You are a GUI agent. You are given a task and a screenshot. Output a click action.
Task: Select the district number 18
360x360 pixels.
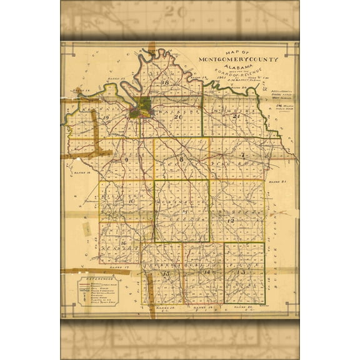[x=166, y=82]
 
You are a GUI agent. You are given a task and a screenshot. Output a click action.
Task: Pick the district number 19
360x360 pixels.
[x=107, y=118]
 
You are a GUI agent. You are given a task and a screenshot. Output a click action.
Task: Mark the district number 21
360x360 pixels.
[x=236, y=117]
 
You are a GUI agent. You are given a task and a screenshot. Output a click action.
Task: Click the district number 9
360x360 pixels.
[x=126, y=160]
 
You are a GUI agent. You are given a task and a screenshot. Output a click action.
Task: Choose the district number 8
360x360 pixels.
[x=181, y=161]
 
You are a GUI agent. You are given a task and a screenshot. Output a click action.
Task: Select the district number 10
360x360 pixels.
[x=132, y=201]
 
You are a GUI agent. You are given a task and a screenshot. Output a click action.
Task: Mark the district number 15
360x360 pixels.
[x=166, y=274]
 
